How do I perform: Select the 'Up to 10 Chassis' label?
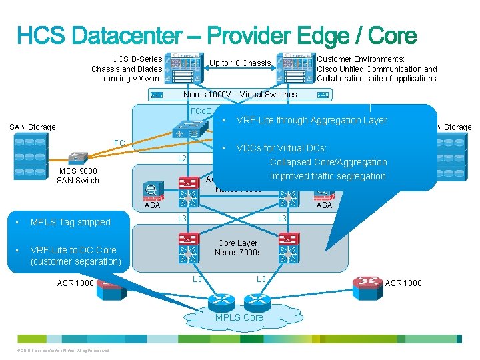(240, 63)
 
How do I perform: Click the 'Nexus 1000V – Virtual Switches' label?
(240, 95)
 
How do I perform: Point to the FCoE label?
(200, 111)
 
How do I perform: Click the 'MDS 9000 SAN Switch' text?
(78, 176)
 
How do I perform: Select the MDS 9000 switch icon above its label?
(78, 157)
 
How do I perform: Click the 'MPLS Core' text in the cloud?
(239, 317)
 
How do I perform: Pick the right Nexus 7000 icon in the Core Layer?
(289, 249)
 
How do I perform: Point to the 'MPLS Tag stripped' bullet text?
(70, 222)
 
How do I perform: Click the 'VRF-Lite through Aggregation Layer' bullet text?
(311, 120)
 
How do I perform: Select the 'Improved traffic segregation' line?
(327, 176)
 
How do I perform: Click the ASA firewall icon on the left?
(153, 190)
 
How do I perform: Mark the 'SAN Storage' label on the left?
(32, 127)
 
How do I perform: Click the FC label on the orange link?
(119, 143)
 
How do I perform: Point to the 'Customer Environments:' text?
(361, 59)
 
